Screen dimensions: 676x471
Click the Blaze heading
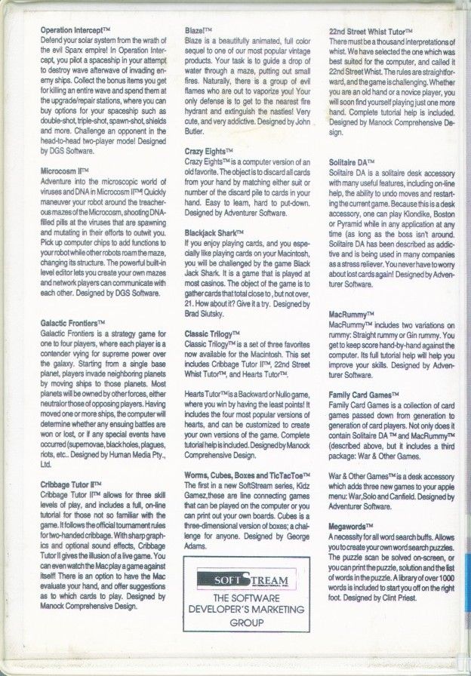coord(197,28)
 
